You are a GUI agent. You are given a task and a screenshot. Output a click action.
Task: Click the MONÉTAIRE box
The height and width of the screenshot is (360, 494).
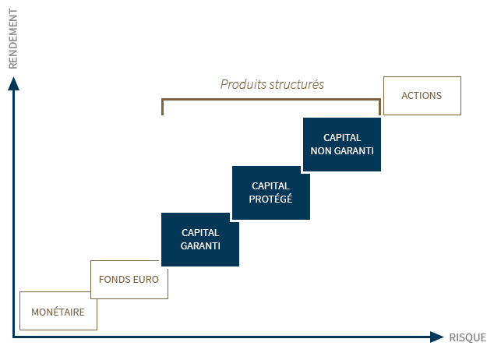point(58,311)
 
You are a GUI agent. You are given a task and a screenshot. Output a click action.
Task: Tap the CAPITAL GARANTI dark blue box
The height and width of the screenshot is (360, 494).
point(200,239)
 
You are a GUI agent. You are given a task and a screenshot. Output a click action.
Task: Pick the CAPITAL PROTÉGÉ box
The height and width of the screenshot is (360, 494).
point(270,192)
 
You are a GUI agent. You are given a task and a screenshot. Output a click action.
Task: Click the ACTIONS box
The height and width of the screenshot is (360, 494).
point(422,96)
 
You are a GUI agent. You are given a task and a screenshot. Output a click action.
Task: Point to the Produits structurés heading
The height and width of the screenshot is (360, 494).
point(272,84)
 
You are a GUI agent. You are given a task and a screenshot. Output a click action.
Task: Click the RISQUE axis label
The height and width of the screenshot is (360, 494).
point(468,337)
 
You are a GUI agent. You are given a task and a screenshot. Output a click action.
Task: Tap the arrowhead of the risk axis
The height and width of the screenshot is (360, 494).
point(437,337)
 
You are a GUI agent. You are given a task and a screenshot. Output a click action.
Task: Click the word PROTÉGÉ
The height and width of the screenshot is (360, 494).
point(270,199)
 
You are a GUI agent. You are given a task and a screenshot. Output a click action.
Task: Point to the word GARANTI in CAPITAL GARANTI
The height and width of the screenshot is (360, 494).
point(200,245)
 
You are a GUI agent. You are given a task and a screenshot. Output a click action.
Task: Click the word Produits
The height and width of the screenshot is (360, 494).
point(242,84)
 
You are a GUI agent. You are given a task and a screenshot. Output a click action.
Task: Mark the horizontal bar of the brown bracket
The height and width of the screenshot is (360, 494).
point(271,100)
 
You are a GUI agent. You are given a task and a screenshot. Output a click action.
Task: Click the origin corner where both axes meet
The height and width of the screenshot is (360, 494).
point(13,337)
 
